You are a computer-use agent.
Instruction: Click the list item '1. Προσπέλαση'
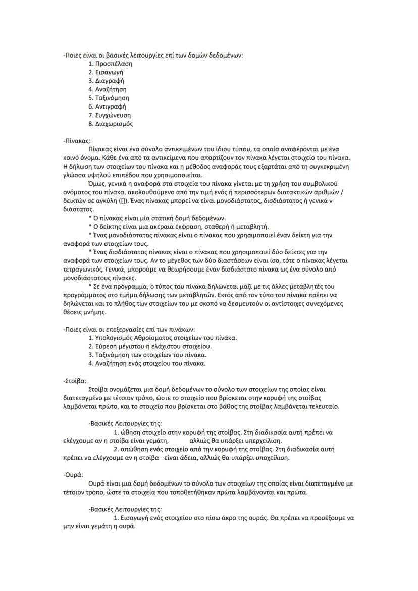(110, 64)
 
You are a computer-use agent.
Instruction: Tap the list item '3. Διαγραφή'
(106, 81)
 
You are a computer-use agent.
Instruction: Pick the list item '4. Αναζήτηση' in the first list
(107, 89)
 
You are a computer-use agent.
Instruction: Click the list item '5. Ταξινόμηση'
(109, 98)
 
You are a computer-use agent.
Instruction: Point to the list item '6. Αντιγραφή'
(107, 106)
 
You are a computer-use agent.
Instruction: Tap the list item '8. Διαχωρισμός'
(111, 124)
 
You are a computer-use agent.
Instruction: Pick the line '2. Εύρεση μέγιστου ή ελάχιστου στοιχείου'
(150, 346)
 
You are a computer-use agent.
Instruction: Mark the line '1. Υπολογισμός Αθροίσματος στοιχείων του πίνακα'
(163, 338)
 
